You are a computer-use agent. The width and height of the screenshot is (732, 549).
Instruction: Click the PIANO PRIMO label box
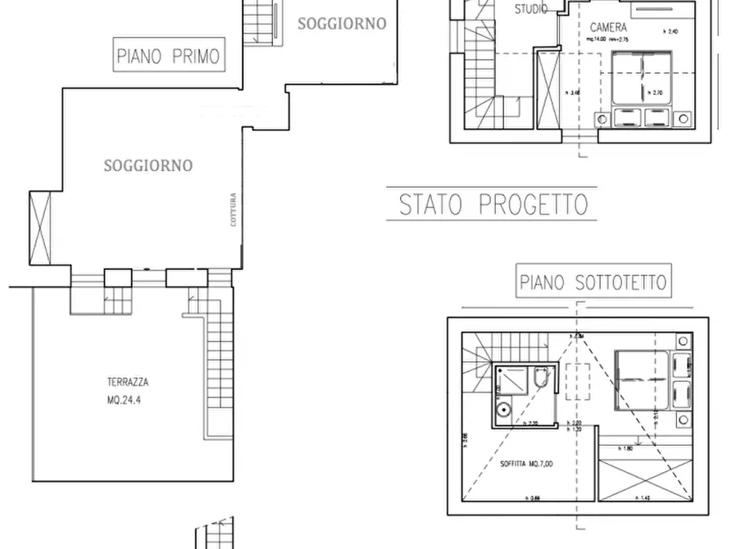point(168,57)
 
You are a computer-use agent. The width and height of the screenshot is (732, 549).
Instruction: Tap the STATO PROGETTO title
point(493,205)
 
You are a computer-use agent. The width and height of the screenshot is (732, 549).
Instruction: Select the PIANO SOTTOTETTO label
point(593,283)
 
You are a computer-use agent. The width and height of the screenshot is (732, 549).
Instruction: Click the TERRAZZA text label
point(127,382)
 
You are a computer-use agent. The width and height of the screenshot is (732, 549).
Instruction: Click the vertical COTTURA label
point(234,209)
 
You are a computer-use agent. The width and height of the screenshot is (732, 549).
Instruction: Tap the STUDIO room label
point(531,10)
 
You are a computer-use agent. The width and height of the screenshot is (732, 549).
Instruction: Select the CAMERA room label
point(608,27)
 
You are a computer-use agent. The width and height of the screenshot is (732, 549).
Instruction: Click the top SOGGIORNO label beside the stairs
point(341,24)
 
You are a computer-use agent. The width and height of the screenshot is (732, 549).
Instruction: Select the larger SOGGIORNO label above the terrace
point(148,166)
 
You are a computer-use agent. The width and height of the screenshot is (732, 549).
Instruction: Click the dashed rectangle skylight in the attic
point(579,380)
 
